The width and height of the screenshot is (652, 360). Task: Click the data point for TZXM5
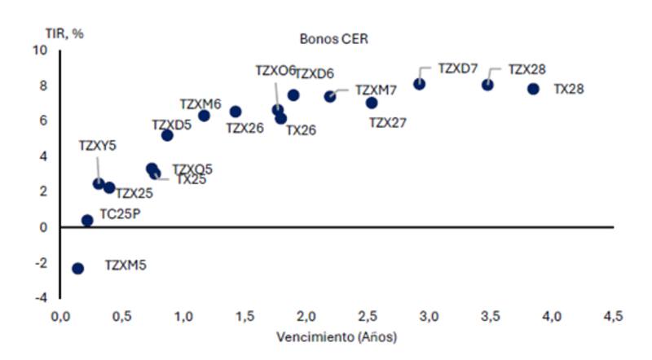[x=78, y=268]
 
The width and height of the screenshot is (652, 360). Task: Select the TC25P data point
[x=87, y=220]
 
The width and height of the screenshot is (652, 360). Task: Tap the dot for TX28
[x=533, y=89]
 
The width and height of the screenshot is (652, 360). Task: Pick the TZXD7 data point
[x=419, y=84]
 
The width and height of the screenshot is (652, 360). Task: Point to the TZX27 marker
[x=372, y=103]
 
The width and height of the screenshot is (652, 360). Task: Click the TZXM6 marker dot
[x=204, y=116]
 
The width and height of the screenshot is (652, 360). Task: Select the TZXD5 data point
[x=167, y=135]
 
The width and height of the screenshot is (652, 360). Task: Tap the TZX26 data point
[x=236, y=112]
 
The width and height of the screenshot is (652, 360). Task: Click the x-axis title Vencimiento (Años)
[x=336, y=336]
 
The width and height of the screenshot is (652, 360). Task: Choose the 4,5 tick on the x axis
[x=613, y=316]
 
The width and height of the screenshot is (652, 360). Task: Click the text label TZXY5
[x=97, y=146]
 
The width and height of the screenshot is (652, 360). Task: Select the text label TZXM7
[x=376, y=90]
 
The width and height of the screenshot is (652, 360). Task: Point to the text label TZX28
[x=526, y=69]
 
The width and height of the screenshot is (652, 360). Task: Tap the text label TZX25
[x=134, y=194]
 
